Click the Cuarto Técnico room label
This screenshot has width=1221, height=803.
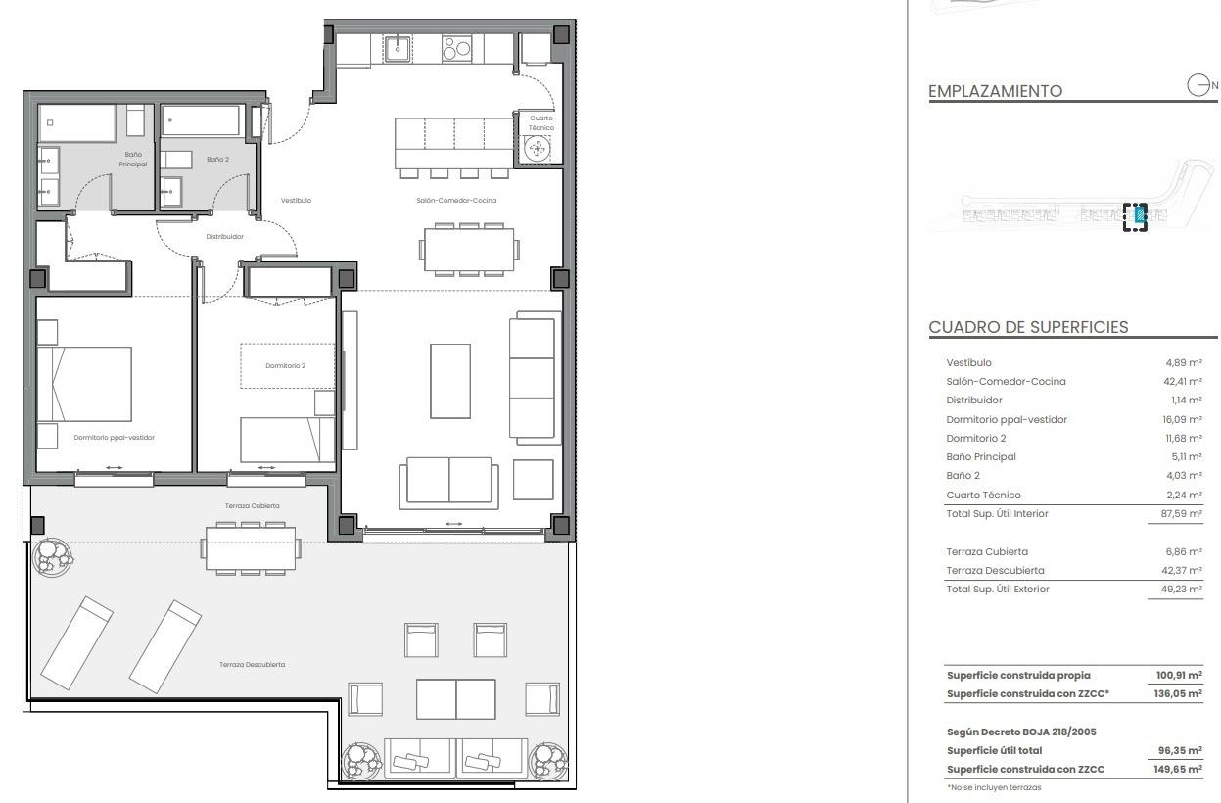[540, 123]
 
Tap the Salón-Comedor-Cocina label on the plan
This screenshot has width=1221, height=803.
[455, 200]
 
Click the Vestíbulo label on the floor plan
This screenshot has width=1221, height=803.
[296, 200]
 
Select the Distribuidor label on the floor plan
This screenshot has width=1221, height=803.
[224, 236]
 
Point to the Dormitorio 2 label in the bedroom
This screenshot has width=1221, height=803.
[285, 366]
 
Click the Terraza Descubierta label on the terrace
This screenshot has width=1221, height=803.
[253, 664]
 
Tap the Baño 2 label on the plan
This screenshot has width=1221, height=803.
[217, 159]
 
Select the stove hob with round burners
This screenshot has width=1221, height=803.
[456, 48]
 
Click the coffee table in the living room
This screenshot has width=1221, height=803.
[450, 381]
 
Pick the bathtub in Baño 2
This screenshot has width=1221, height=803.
[201, 121]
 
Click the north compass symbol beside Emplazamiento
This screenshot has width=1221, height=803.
[1199, 85]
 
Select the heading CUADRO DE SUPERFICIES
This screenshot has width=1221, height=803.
[1028, 327]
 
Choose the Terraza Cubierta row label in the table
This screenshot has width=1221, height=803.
[987, 551]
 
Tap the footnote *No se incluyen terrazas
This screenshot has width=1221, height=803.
[994, 787]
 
